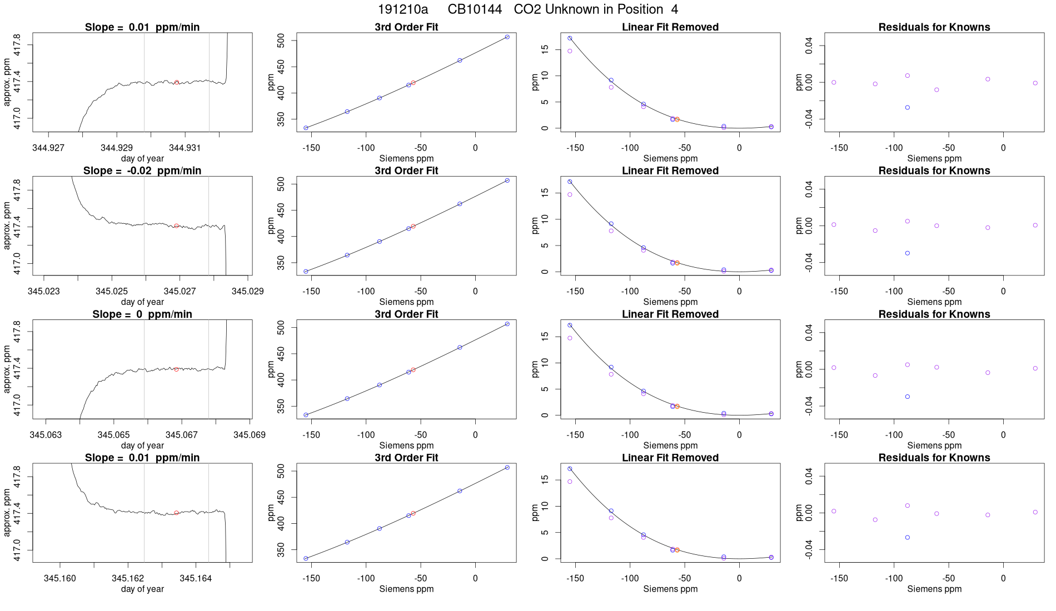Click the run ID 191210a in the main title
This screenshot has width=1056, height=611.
coord(403,9)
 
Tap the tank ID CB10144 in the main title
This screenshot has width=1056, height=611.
coord(475,9)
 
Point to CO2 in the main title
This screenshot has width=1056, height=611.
coord(527,9)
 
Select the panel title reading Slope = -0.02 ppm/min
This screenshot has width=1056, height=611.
coord(142,171)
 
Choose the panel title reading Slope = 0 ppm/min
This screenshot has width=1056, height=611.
coord(142,314)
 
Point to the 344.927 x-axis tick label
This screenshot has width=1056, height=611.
coord(48,148)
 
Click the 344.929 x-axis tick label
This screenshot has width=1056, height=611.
coord(117,148)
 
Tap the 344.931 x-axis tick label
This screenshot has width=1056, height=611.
coord(185,148)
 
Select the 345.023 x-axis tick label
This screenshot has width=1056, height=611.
coord(44,291)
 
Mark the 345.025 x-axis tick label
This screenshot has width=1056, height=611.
coord(112,291)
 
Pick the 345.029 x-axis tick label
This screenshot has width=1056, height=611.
coord(248,291)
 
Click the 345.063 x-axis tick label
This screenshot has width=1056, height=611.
coord(46,434)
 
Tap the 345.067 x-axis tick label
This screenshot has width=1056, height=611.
coord(182,434)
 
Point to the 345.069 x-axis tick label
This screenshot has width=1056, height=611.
coord(250,434)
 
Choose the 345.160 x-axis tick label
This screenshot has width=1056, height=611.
coord(60,578)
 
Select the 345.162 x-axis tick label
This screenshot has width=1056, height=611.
coord(128,578)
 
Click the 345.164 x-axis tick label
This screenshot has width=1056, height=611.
coord(196,578)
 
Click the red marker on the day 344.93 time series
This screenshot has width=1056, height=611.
coord(177,82)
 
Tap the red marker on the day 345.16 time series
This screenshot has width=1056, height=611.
coord(177,513)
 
